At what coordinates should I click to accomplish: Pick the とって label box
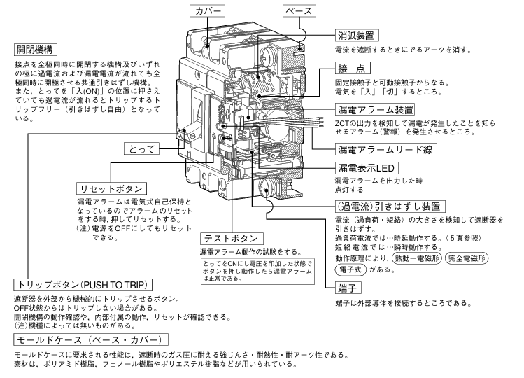point(144,150)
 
